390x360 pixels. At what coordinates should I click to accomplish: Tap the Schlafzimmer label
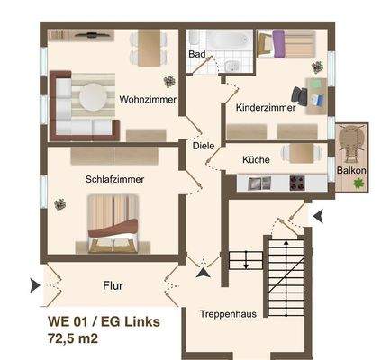coord(114,179)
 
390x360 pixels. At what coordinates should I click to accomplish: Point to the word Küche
coord(256,160)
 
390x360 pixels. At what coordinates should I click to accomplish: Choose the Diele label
coord(204,146)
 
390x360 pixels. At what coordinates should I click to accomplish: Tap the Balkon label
coord(350,169)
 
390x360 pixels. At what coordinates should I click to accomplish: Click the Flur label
coord(113,286)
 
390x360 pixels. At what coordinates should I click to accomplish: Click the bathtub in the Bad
coord(220,40)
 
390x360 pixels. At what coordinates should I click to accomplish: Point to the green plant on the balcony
coord(358,183)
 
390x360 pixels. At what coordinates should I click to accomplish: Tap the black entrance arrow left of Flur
coord(34,285)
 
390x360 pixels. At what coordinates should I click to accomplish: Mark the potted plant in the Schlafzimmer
coord(60,203)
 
